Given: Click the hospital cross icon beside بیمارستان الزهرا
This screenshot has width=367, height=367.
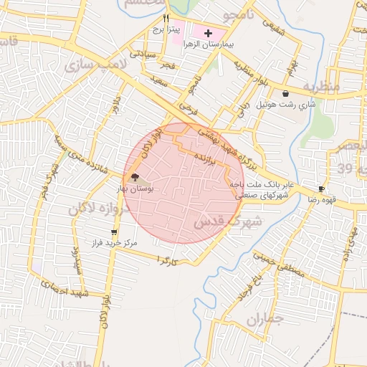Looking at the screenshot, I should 209,33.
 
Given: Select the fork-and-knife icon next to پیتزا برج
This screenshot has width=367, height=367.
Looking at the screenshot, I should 166,19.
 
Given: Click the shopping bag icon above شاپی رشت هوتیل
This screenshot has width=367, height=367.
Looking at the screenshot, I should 286,93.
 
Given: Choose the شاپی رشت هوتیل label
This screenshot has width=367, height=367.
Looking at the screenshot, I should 287,105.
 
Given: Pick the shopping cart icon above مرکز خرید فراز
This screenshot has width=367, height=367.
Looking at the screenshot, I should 114,232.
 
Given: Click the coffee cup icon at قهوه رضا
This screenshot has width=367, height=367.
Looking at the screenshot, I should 321,189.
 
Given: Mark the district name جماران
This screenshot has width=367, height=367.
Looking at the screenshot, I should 266,321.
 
